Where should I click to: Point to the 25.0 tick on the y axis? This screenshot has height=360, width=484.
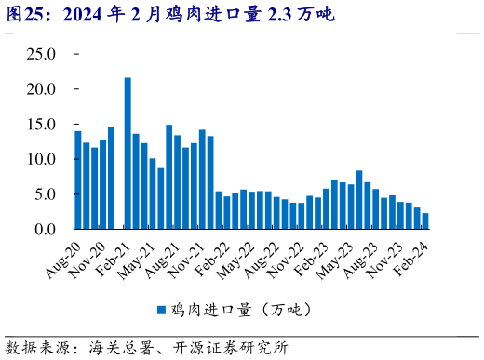pyautogui.click(x=41, y=54)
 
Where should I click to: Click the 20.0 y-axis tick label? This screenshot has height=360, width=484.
pyautogui.click(x=41, y=89)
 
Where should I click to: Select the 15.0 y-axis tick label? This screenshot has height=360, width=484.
pyautogui.click(x=41, y=125)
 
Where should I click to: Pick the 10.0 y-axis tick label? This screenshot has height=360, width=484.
pyautogui.click(x=41, y=159)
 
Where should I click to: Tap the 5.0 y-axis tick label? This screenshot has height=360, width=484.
pyautogui.click(x=45, y=194)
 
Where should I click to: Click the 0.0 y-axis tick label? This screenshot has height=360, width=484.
pyautogui.click(x=45, y=229)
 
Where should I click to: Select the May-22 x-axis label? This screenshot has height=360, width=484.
pyautogui.click(x=236, y=258)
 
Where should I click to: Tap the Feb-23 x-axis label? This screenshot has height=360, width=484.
pyautogui.click(x=311, y=258)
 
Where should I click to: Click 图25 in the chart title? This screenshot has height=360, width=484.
pyautogui.click(x=22, y=15)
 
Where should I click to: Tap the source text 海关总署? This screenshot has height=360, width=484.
pyautogui.click(x=117, y=348)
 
